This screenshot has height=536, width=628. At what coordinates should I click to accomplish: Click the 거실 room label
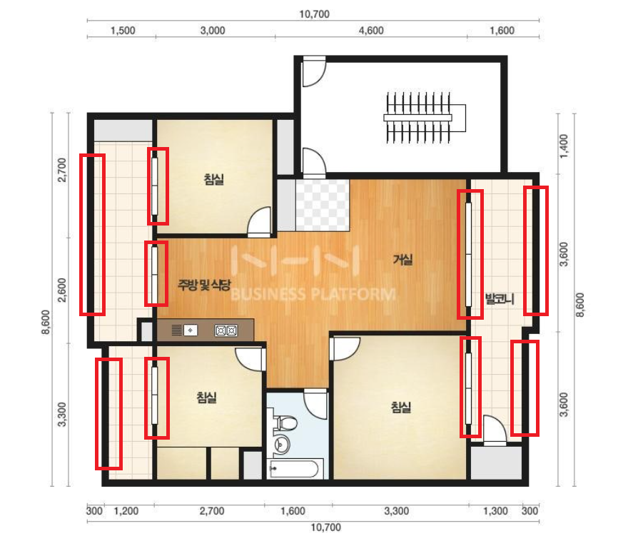coord(402,260)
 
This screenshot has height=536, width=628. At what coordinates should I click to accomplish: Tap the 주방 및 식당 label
coord(204,285)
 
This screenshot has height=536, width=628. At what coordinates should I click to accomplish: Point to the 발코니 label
coord(500,298)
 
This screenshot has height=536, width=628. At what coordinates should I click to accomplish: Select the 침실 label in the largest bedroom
coord(401,408)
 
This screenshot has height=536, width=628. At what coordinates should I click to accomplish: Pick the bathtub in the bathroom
coord(296,469)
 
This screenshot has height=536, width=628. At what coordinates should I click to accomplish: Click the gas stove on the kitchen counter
coord(226,330)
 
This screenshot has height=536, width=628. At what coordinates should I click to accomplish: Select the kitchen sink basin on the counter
coord(191,330)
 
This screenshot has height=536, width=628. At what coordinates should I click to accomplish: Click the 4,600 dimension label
coord(371,31)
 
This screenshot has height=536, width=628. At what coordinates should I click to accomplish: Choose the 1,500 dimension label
coord(123,31)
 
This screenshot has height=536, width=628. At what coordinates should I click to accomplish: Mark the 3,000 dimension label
coord(213,31)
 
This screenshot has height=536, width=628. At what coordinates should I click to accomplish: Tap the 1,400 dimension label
coord(564,146)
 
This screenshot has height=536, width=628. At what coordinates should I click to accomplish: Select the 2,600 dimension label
coord(62,290)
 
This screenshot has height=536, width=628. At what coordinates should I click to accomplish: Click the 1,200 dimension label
coord(126,511)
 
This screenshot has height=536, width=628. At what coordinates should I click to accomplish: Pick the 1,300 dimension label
coord(495,511)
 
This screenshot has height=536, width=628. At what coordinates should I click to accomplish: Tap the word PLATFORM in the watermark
coord(353,295)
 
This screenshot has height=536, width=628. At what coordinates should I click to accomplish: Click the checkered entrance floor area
coord(323,205)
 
